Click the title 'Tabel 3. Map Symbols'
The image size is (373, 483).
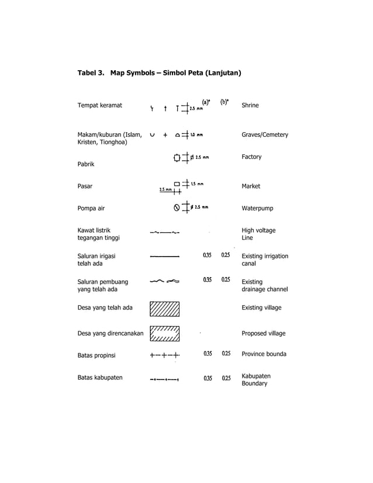pos(160,73)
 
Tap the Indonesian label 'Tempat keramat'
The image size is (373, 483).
pos(99,105)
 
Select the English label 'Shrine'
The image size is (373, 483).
pos(250,105)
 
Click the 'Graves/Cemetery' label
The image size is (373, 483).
pos(264,134)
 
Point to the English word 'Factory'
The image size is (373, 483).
pos(251,157)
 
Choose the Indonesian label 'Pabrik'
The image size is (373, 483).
pos(86,164)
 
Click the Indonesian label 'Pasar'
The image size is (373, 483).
pos(85,186)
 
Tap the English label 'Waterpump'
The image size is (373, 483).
pos(257,208)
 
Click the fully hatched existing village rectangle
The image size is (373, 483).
pos(164,308)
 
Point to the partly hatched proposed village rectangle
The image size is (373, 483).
pos(164,333)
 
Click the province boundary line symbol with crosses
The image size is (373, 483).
pos(164,354)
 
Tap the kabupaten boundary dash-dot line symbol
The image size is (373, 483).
pos(164,379)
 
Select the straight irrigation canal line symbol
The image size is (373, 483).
pos(164,256)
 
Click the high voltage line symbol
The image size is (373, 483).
pos(164,233)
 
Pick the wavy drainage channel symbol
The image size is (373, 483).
pos(164,281)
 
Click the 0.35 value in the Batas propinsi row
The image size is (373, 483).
pos(207,354)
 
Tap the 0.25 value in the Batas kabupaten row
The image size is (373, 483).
pos(226,378)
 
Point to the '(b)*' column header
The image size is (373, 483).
pos(225,102)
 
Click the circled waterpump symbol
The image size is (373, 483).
pos(177,207)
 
